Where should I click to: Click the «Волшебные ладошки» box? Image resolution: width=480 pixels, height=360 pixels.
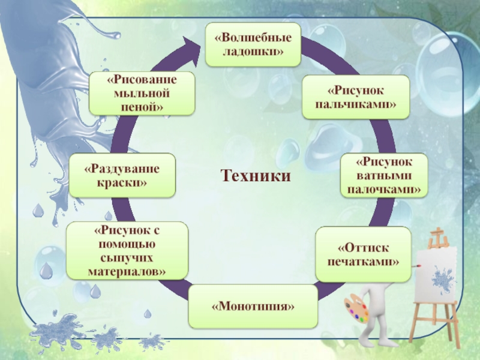253,44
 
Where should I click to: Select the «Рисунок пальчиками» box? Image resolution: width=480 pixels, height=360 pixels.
356,97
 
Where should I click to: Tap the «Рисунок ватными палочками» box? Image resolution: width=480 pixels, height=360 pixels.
384,176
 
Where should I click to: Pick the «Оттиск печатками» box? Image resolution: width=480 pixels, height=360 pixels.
363,254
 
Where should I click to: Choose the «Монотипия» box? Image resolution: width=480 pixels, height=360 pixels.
253,306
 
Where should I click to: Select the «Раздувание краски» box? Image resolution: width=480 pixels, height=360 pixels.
122,175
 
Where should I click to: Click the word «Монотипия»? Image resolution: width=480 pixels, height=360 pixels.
253,307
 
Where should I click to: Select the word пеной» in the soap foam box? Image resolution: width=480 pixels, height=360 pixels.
142,107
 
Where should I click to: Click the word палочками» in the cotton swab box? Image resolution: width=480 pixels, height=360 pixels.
384,189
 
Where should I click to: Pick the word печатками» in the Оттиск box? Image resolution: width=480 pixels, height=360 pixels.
363,262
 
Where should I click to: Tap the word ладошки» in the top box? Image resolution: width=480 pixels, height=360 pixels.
253,52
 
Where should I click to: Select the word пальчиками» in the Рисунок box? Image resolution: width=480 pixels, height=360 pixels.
356,104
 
